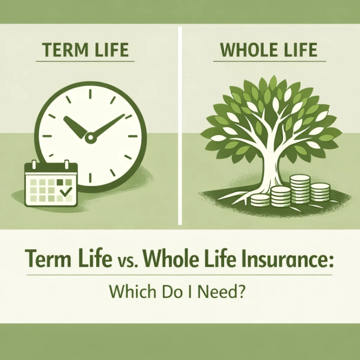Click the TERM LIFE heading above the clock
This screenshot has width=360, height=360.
coord(85,50)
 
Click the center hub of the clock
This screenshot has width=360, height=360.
coord(89,136)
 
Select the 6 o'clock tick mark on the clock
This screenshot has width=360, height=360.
coord(89,181)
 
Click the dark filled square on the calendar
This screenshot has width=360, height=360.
coord(59,182)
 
